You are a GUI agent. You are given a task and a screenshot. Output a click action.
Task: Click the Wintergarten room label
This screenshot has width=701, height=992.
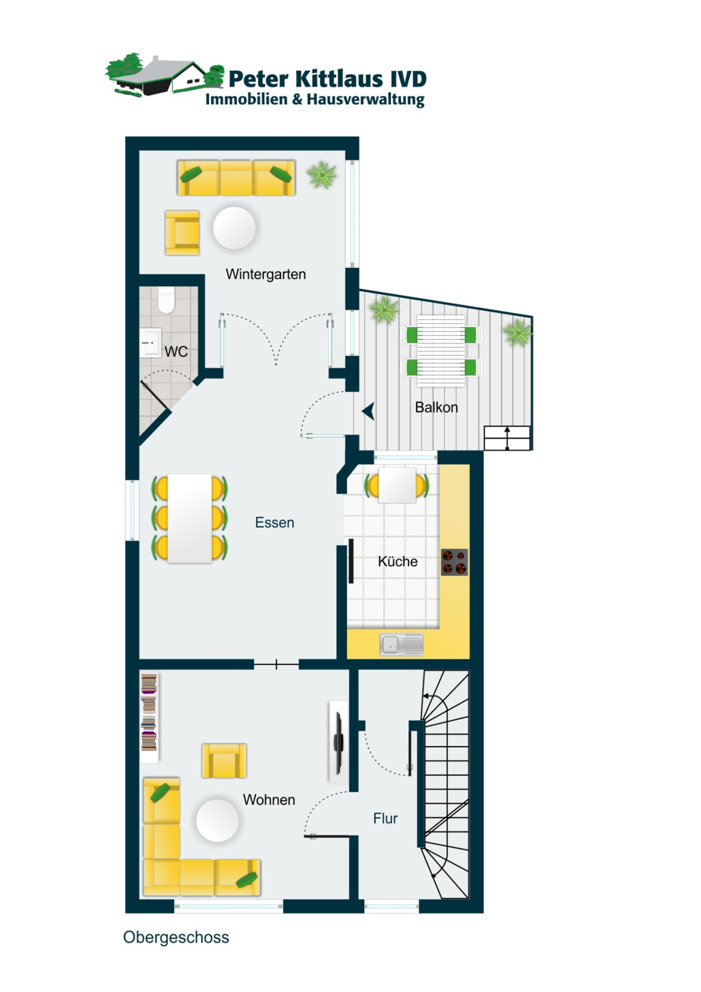(x=266, y=274)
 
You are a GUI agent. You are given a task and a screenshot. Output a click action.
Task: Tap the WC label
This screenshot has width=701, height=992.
(x=176, y=352)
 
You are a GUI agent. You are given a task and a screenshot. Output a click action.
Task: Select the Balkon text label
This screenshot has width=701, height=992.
(x=436, y=408)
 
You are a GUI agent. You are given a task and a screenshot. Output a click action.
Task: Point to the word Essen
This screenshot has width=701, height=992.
(x=274, y=523)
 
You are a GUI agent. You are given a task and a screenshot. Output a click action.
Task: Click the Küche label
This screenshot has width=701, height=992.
(x=398, y=561)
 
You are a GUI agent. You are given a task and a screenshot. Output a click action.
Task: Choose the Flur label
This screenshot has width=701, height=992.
(x=385, y=818)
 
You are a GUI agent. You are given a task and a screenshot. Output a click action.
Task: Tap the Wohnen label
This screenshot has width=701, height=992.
(x=269, y=800)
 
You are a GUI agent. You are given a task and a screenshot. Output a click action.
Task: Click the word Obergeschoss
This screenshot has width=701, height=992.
(x=176, y=937)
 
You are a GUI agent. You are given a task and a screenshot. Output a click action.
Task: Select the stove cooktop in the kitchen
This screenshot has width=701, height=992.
(x=455, y=562)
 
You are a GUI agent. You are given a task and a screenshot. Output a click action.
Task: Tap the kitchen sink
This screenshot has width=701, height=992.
(x=401, y=645)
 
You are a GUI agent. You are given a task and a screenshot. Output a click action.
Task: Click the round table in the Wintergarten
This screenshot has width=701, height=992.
(x=234, y=228)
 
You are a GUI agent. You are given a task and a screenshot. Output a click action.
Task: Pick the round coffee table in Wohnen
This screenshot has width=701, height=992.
(x=217, y=821)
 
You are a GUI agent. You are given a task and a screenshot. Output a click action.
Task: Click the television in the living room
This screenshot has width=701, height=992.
(x=339, y=742)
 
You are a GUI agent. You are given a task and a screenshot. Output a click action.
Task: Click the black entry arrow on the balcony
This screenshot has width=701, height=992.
(x=369, y=411)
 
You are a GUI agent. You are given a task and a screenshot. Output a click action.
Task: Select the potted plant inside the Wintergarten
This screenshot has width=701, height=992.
(x=322, y=175)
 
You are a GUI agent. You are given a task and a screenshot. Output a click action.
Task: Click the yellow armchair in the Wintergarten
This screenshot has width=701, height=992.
(x=182, y=233)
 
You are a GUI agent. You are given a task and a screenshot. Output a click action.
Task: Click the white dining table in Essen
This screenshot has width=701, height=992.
(x=189, y=518)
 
